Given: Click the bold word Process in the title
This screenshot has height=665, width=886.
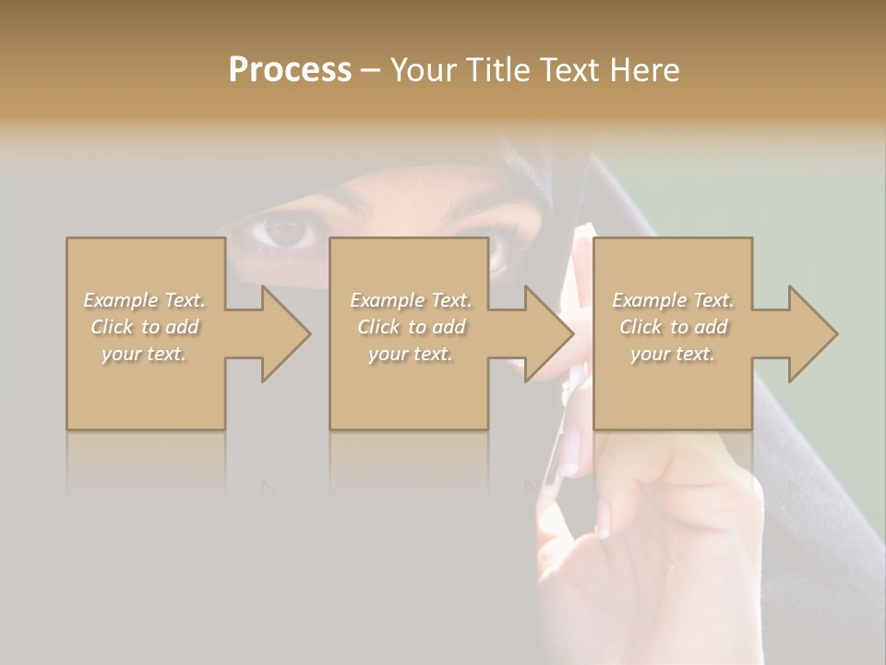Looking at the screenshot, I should point(290,70).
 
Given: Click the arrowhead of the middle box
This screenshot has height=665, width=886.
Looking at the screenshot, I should point(547,333).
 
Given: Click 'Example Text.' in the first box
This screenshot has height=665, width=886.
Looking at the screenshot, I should point(145,300).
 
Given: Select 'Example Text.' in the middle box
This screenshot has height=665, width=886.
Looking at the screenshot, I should point(410,300).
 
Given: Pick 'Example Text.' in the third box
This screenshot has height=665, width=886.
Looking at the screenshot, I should point(673,300).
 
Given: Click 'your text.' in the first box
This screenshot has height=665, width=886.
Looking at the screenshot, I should point(145,354).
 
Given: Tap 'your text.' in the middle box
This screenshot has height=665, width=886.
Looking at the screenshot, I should point(410,354).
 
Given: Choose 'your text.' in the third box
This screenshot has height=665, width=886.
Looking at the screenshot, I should point(673,354).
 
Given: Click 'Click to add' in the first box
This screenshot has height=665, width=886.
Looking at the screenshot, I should point(145,327).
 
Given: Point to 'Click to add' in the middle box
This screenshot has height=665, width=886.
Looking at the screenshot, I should point(410,327).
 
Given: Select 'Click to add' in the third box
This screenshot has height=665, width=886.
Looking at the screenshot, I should point(673,327).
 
